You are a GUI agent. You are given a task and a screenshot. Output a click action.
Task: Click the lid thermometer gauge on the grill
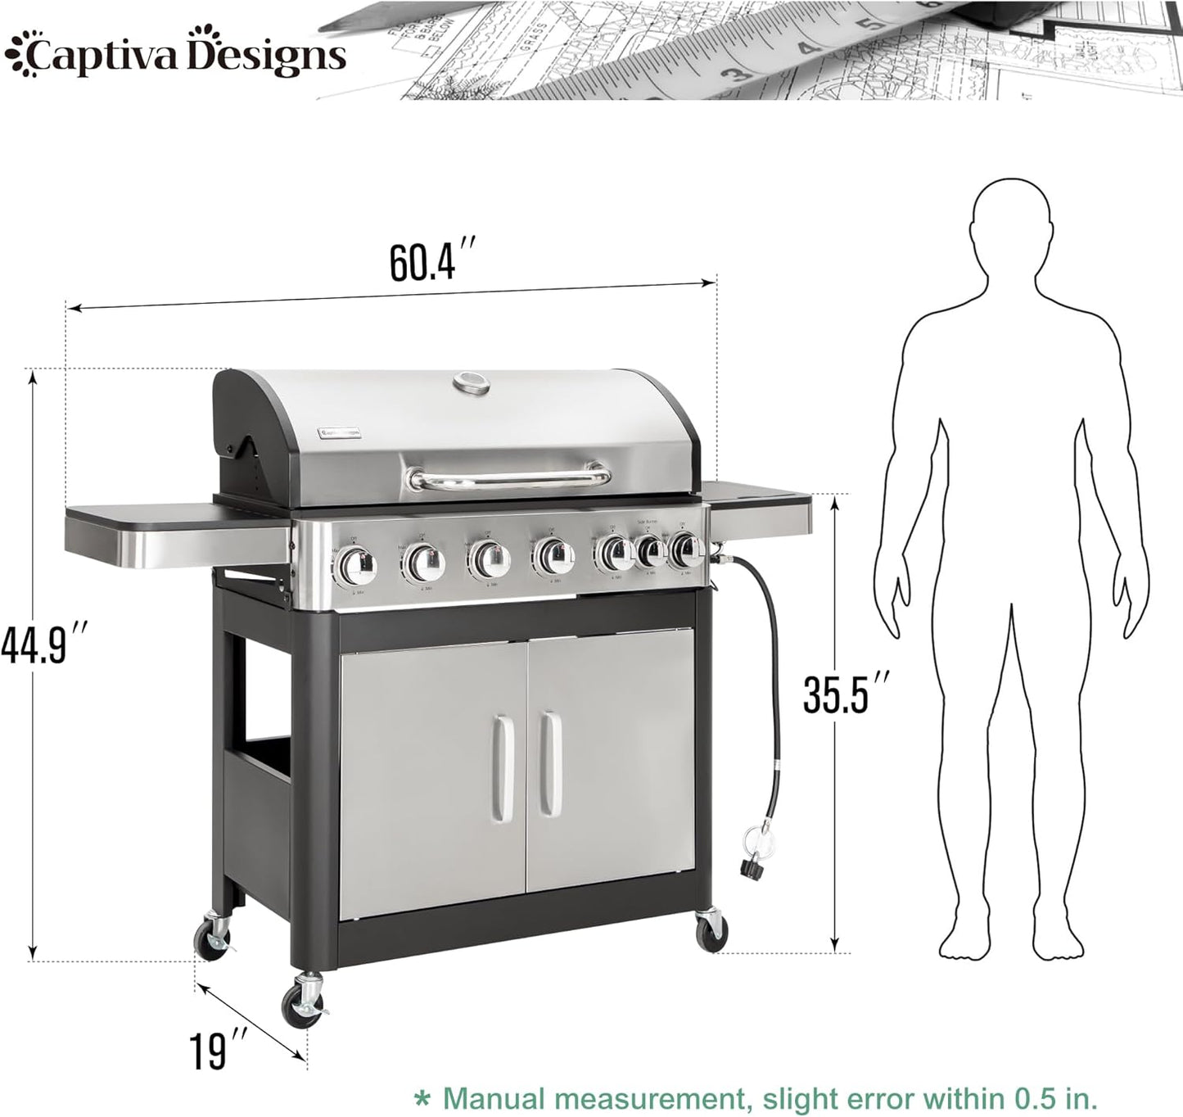(x=470, y=383)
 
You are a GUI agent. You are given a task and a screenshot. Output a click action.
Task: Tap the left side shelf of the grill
(x=177, y=532)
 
